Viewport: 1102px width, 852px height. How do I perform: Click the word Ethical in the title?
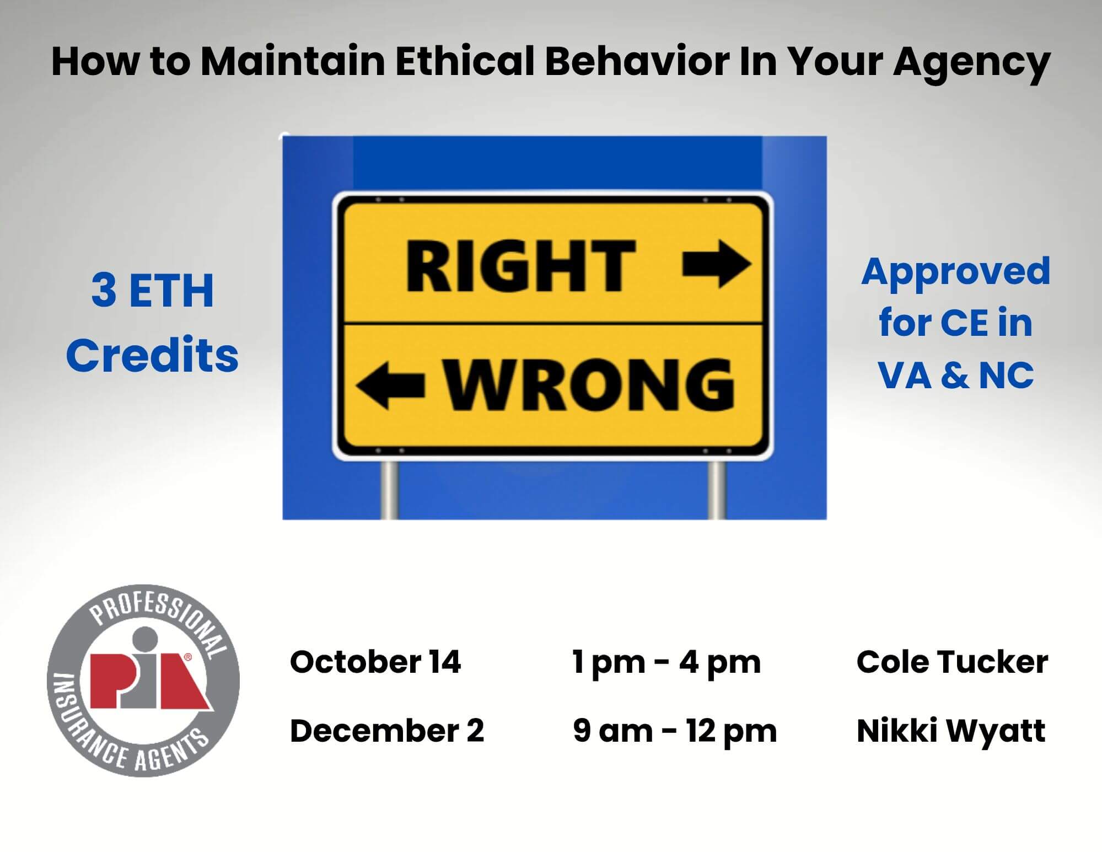pyautogui.click(x=465, y=61)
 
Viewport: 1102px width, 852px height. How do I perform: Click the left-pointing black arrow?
pyautogui.click(x=390, y=385)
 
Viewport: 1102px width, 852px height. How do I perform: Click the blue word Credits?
pyautogui.click(x=152, y=355)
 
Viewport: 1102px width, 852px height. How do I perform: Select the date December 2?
pyautogui.click(x=387, y=731)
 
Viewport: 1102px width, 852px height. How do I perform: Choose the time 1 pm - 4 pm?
pyautogui.click(x=666, y=663)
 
